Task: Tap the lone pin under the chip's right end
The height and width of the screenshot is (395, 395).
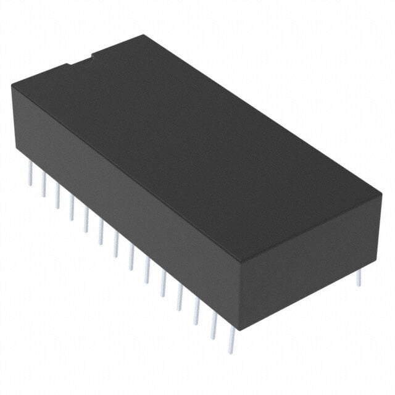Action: pos(359,278)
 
